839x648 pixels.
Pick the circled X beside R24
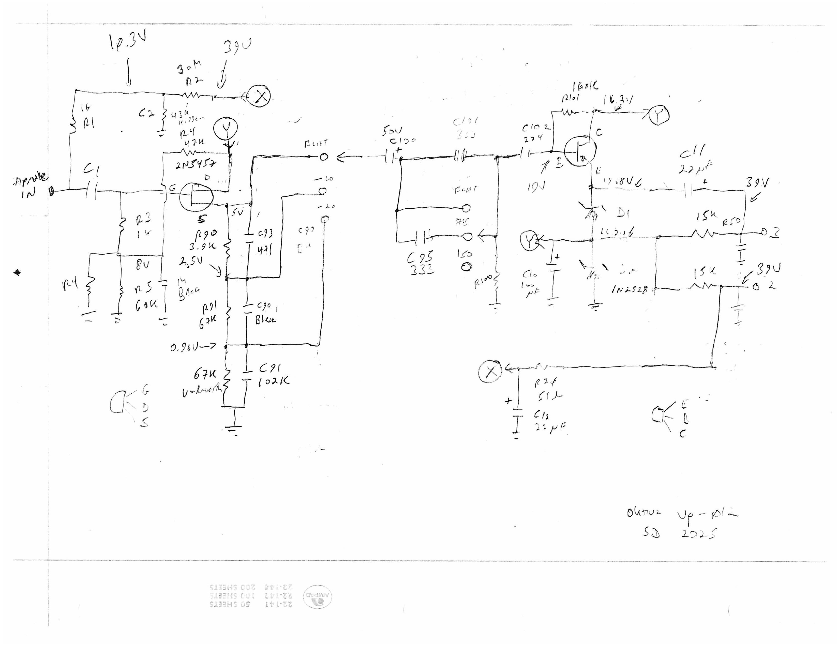tap(490, 371)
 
